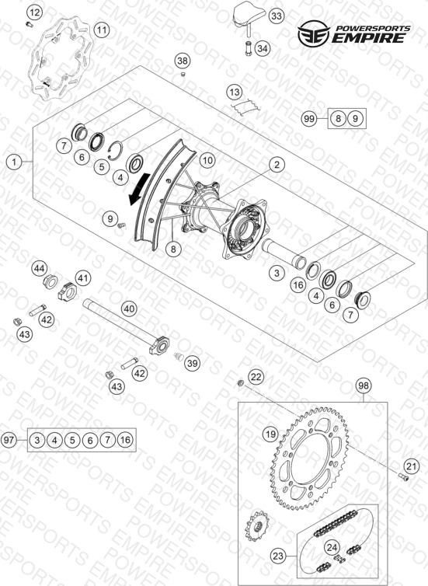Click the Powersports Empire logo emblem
(313, 33)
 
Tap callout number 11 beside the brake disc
(102, 30)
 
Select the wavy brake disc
(61, 58)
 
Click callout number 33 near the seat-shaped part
(276, 16)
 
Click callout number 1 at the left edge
(14, 162)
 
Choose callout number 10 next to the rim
(207, 160)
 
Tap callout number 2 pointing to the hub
(277, 165)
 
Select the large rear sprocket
(309, 459)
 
